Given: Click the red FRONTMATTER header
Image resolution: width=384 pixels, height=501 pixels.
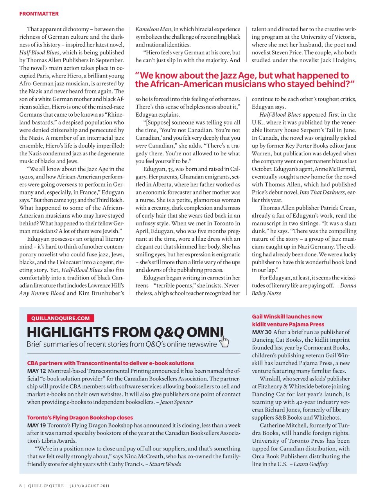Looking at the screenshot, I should (x=39, y=14).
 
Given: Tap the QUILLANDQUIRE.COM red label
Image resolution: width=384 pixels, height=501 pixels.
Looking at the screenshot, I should (x=61, y=318).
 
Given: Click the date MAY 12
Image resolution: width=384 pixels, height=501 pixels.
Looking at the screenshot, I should (x=36, y=371).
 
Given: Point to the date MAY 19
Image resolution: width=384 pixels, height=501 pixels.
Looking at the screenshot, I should (x=36, y=425).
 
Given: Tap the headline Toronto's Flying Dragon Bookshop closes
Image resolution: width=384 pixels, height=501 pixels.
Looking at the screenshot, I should (x=80, y=418).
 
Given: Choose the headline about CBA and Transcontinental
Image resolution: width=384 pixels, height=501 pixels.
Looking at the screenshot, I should (x=110, y=363).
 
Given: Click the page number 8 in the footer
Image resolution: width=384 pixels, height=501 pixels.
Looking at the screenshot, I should (x=20, y=486).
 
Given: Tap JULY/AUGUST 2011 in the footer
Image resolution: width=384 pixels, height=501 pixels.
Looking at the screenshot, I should (x=90, y=486).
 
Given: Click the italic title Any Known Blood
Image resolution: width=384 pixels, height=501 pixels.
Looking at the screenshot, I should (x=42, y=293).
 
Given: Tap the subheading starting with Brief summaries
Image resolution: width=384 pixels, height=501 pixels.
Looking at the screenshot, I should (x=121, y=344).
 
